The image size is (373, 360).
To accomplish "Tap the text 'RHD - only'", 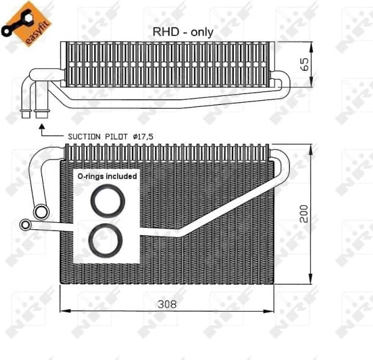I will [x=183, y=32].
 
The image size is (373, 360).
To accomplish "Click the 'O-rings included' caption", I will [x=107, y=175].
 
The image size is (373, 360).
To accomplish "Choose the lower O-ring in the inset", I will [x=106, y=239].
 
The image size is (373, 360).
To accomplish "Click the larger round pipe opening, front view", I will [x=42, y=211].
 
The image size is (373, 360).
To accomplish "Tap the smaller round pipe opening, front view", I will [x=25, y=225].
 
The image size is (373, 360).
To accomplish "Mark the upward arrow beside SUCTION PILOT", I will [x=42, y=130].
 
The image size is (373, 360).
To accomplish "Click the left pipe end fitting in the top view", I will [x=27, y=114].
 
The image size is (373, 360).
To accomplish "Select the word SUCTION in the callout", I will [x=84, y=136].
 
